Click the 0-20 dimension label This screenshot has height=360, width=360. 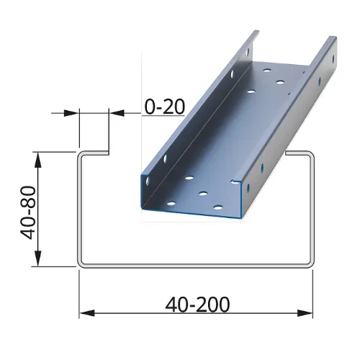(165, 107)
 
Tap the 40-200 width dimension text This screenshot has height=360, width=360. (196, 305)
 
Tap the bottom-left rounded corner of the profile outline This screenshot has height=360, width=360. (81, 263)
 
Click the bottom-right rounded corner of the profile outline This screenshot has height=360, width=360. (312, 263)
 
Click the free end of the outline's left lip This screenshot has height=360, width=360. (109, 153)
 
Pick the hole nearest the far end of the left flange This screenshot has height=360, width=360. (248, 52)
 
